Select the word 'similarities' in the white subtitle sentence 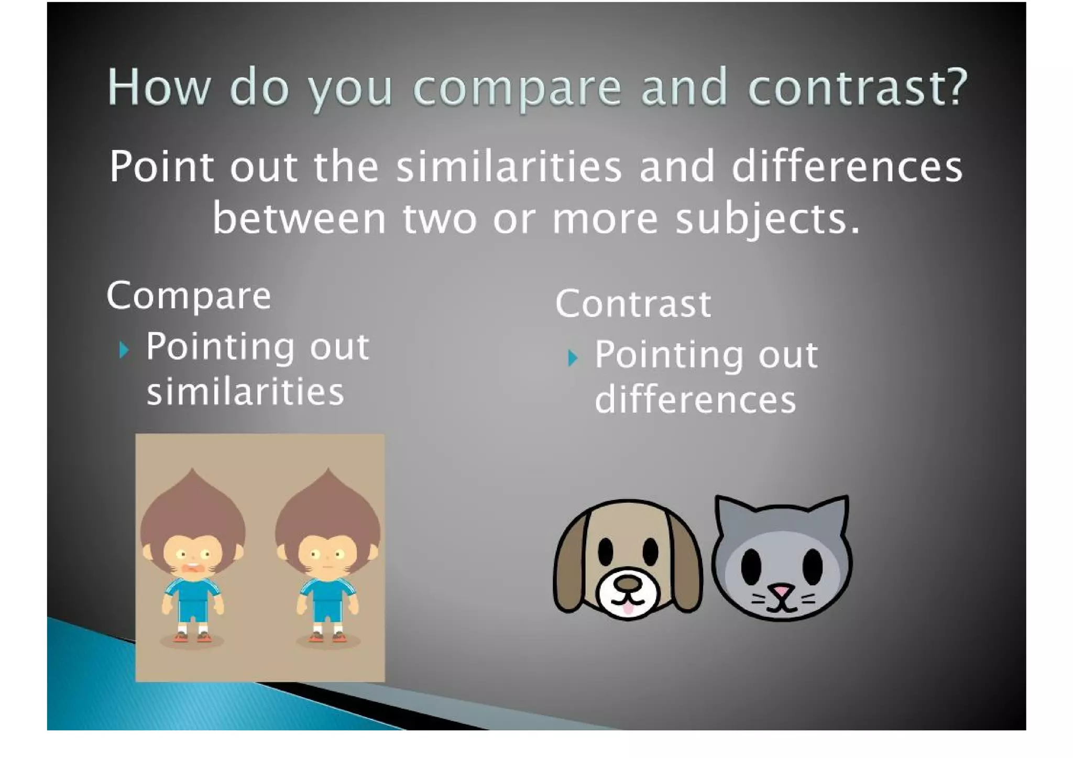click(x=508, y=167)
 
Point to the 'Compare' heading click(x=189, y=296)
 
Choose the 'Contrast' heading click(x=633, y=304)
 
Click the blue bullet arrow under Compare click(x=124, y=349)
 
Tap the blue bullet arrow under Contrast click(x=573, y=358)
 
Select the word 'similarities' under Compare click(x=245, y=392)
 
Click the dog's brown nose click(x=628, y=583)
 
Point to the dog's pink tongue click(x=628, y=608)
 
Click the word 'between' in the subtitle click(x=299, y=219)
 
